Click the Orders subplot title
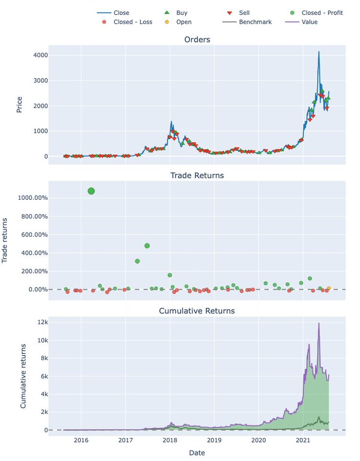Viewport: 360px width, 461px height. click(197, 40)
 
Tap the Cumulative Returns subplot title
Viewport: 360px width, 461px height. click(197, 311)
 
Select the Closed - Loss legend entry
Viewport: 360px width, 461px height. click(128, 22)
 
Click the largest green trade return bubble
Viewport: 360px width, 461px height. click(91, 191)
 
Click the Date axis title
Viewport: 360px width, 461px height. click(197, 453)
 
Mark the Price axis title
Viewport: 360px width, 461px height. click(19, 105)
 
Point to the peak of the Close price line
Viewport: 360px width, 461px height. click(319, 52)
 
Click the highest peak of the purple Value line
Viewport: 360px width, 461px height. click(319, 323)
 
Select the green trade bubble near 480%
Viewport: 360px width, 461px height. click(147, 246)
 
